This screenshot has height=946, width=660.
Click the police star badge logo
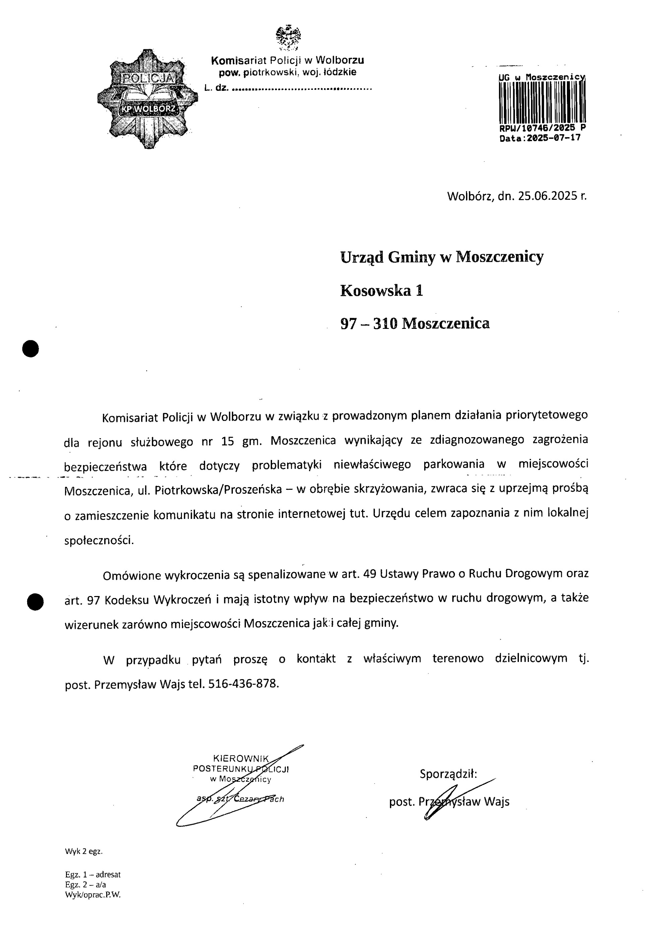147,99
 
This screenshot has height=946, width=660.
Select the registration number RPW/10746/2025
536,128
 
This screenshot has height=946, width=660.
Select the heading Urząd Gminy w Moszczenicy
441,257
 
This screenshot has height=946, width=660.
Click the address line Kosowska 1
381,291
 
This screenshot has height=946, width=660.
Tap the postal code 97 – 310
369,324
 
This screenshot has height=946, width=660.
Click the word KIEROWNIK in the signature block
241,759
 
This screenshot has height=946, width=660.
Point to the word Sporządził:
448,774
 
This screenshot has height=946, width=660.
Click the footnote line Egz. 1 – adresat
93,875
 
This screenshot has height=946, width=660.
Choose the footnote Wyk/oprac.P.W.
93,894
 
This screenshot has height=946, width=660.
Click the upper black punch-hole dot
30,349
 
